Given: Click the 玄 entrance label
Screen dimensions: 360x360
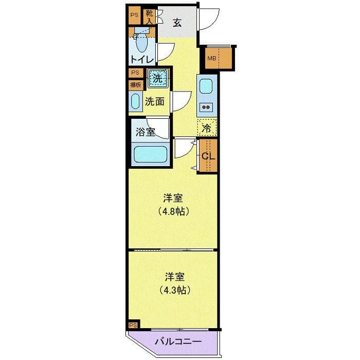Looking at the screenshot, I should click(176, 23).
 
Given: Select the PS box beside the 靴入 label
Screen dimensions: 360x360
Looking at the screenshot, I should click(134, 15).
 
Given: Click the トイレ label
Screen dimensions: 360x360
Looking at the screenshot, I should click(141, 59).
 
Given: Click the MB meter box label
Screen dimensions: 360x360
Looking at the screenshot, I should click(211, 58).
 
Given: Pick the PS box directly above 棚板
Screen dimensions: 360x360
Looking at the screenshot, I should click(135, 73).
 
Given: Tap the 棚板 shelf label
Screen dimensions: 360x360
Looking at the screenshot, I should click(135, 85).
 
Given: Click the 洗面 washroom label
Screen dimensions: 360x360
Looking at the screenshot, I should click(154, 101).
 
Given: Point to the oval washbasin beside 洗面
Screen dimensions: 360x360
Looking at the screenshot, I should click(135, 101).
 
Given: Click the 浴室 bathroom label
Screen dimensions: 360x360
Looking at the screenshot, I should click(145, 132).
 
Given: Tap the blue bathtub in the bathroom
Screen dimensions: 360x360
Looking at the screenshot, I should click(150, 155).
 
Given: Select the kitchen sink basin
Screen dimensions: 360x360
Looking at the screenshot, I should click(206, 86).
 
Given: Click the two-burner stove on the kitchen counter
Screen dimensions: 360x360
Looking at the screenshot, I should click(206, 107).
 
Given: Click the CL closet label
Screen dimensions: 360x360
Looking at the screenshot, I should click(208, 156).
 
